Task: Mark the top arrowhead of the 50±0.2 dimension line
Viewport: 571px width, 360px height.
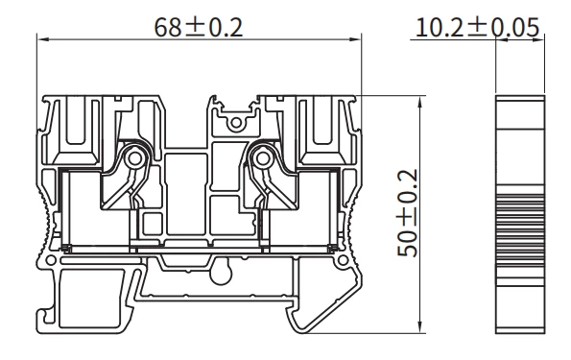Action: tap(423, 100)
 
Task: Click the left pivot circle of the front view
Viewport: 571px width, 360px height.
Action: tap(135, 157)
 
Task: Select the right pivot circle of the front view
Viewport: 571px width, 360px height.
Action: tap(258, 157)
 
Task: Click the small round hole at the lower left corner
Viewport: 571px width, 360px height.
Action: tap(45, 260)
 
